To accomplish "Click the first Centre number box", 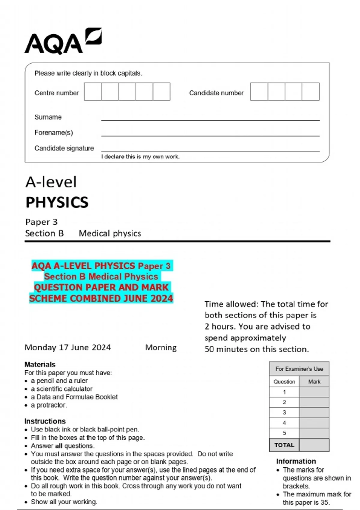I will [x=93, y=92].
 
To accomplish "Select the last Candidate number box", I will [x=310, y=92].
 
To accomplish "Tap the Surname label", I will [x=48, y=117].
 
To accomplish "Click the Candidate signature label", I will [x=64, y=148].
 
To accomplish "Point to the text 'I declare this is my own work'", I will [x=140, y=157].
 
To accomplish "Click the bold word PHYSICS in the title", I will [x=57, y=202].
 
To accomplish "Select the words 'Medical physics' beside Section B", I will [x=110, y=233].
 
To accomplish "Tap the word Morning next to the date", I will [x=161, y=347].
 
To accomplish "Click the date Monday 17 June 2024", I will [x=68, y=347].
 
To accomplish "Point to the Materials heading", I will [x=40, y=364].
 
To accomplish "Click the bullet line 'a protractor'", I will [x=49, y=405].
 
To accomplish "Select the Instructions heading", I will [x=45, y=421].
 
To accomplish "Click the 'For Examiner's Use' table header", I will [x=299, y=369].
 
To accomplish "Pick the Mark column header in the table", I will [x=314, y=382].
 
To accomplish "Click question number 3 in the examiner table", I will [x=284, y=412].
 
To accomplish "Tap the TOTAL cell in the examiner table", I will [x=284, y=445].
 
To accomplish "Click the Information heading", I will [x=296, y=461].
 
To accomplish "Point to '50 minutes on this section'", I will [x=256, y=349].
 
